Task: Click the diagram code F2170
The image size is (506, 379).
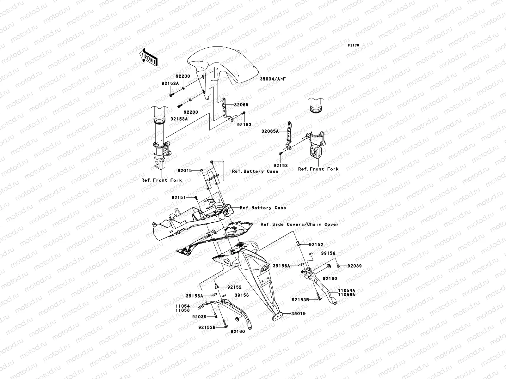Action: [354, 45]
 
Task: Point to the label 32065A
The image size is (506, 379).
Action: [270, 131]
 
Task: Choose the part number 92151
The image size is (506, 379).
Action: [179, 197]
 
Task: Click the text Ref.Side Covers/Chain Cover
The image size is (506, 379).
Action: [299, 225]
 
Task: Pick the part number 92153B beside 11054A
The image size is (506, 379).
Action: [300, 299]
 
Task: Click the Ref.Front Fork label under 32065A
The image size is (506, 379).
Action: [318, 169]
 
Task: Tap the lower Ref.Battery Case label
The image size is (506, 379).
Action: [263, 208]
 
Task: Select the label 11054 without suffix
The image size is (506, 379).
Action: [183, 306]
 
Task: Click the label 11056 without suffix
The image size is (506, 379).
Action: [183, 310]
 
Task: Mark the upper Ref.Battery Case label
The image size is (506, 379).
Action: [255, 171]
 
